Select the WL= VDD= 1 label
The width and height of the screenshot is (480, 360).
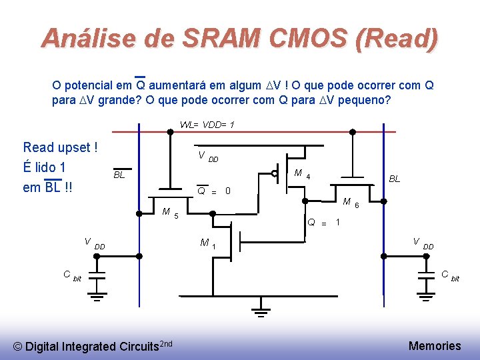[207, 125]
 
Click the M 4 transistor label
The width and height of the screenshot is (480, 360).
[301, 175]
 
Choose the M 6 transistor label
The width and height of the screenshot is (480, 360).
[351, 203]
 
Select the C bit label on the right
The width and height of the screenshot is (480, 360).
[450, 275]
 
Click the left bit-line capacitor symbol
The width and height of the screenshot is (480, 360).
[97, 276]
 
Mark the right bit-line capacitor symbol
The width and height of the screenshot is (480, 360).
[426, 276]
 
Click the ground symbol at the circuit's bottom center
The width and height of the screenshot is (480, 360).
[261, 309]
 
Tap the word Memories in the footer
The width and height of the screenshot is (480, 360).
[435, 345]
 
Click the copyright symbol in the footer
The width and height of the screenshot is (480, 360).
[19, 346]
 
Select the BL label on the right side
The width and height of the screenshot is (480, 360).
[395, 179]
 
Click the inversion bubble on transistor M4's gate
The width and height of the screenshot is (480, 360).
[275, 173]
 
